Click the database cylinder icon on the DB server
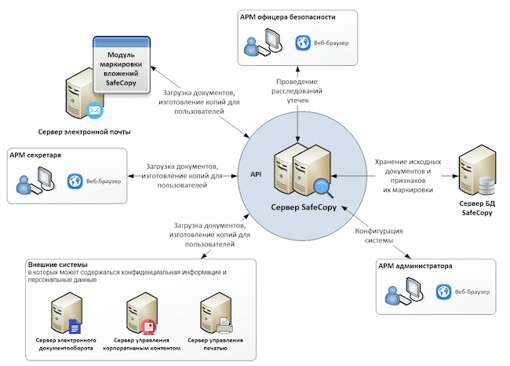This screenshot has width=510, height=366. tap(486, 186)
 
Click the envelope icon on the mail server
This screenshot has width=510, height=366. tap(95, 110)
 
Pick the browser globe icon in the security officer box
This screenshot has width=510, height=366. tap(301, 43)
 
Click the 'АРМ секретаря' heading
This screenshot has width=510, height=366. tap(35, 155)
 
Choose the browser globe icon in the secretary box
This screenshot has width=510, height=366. tap(75, 181)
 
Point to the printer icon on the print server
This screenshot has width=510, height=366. tap(223, 322)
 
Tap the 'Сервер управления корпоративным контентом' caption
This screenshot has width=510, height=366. tap(148, 344)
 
